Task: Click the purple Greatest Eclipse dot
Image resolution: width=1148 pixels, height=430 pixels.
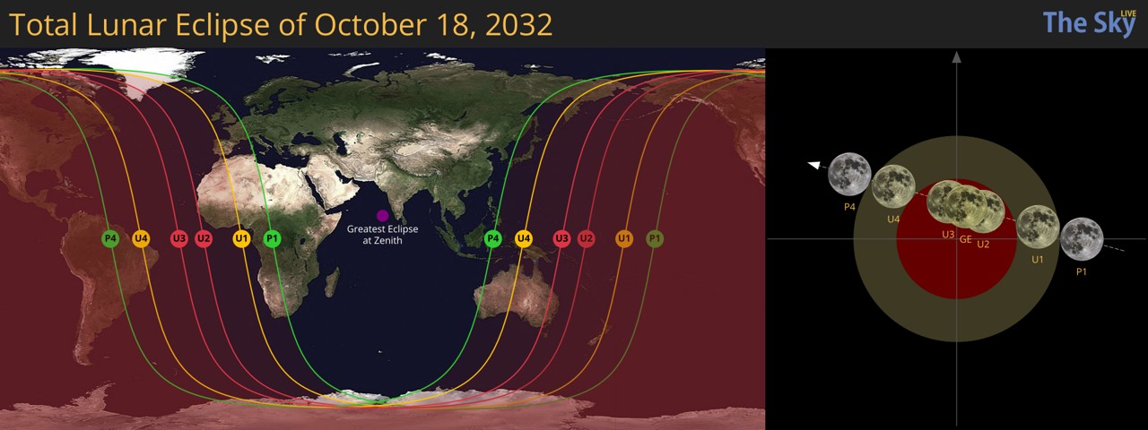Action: tap(382, 216)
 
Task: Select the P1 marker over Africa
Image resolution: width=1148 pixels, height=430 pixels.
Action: tap(273, 238)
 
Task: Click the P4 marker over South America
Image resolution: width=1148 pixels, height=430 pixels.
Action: tap(110, 238)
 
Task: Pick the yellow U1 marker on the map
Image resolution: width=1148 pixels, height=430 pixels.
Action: tap(241, 238)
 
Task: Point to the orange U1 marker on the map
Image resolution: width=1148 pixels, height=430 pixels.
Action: tap(624, 238)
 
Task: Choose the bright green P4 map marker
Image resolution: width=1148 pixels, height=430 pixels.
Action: tap(492, 238)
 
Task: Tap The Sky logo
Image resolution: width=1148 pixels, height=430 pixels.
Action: tap(1089, 23)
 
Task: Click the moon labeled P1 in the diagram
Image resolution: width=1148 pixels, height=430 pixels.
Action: tap(1082, 239)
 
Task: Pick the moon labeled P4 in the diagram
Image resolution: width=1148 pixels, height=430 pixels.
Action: tap(849, 174)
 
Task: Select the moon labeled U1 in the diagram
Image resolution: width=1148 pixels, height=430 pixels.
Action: tap(1038, 227)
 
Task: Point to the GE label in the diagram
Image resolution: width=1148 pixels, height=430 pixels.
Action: tap(966, 240)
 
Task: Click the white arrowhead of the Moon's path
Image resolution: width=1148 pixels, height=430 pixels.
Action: tap(814, 165)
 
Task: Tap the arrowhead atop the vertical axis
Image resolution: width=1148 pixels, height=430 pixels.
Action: tap(957, 57)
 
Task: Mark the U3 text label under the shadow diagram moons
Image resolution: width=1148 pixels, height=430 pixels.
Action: tap(948, 235)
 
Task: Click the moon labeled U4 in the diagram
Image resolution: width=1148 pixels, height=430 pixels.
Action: tap(893, 186)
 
